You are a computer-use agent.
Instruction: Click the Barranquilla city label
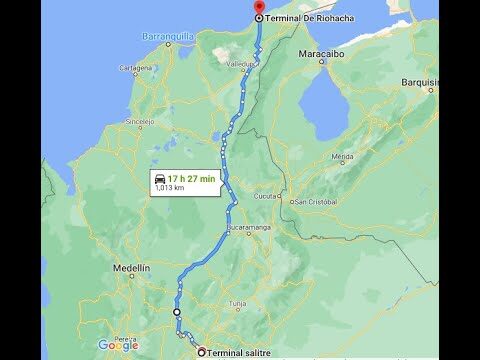pos(168,36)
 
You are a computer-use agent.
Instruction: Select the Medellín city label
pos(131,268)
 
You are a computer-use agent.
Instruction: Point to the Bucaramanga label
pos(250,228)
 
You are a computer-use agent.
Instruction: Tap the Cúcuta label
pos(266,197)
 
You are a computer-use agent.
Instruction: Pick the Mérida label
pos(343,157)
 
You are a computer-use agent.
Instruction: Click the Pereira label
pos(125,339)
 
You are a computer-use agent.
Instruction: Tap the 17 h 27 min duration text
pos(192,178)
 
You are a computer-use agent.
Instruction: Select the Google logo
pos(118,346)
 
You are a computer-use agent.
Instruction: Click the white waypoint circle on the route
pos(177,312)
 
